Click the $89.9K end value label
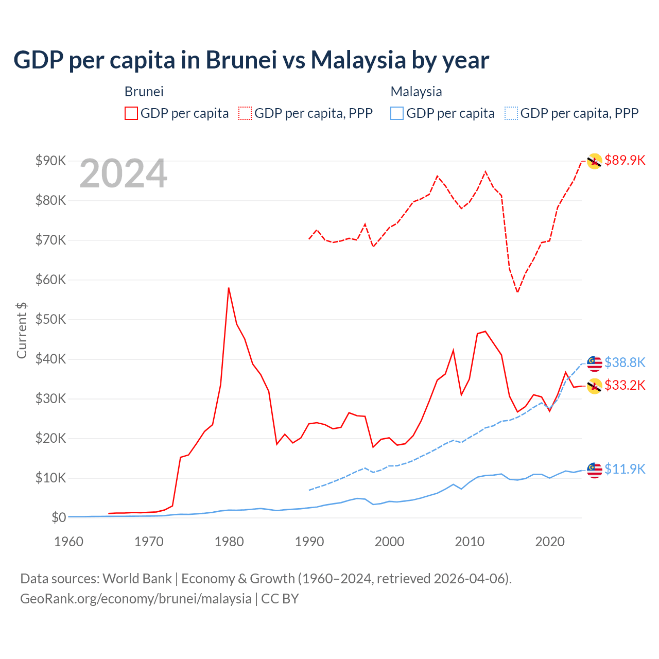point(625,160)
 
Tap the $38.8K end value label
point(625,362)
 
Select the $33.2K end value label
point(625,385)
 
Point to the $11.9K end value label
point(625,469)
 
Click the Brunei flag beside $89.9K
point(595,161)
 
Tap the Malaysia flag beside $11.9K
point(595,470)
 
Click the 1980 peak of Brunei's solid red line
point(229,288)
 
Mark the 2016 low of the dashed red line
point(517,292)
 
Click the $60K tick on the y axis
point(50,280)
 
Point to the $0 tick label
point(58,517)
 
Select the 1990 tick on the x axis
point(309,542)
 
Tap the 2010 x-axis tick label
point(470,542)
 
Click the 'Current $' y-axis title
point(22,331)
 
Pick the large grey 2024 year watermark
point(123,174)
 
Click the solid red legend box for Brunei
point(131,113)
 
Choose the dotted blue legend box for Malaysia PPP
point(511,113)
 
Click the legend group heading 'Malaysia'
point(416,92)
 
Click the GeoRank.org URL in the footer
point(135,599)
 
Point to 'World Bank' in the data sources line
point(137,579)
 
